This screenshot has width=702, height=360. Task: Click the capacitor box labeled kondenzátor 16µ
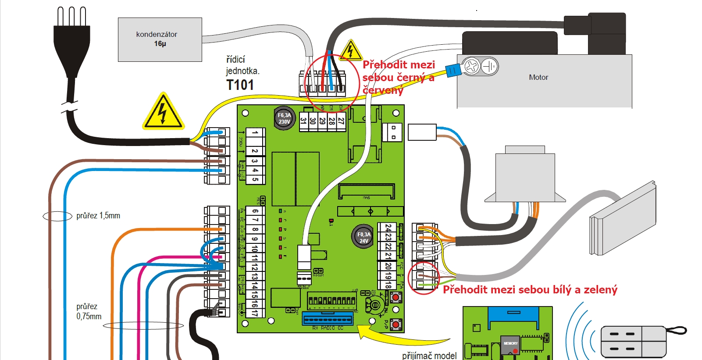(160, 39)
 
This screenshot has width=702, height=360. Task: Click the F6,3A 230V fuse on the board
(284, 118)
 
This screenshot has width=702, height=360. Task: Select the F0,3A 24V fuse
(363, 237)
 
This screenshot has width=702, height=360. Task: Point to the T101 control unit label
(240, 85)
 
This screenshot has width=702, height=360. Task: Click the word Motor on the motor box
(538, 78)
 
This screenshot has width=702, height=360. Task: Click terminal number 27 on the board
(341, 121)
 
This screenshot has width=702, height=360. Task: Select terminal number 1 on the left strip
(255, 132)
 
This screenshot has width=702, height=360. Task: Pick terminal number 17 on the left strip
(255, 313)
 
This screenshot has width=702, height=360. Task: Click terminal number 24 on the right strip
(388, 228)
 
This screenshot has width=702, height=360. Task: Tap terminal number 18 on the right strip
(388, 284)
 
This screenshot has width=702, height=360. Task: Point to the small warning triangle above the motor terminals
(351, 51)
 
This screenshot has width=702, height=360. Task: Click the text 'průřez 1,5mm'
(98, 216)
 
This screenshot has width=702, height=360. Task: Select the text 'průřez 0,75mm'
(89, 311)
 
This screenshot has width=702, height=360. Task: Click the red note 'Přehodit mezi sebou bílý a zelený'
(530, 290)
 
